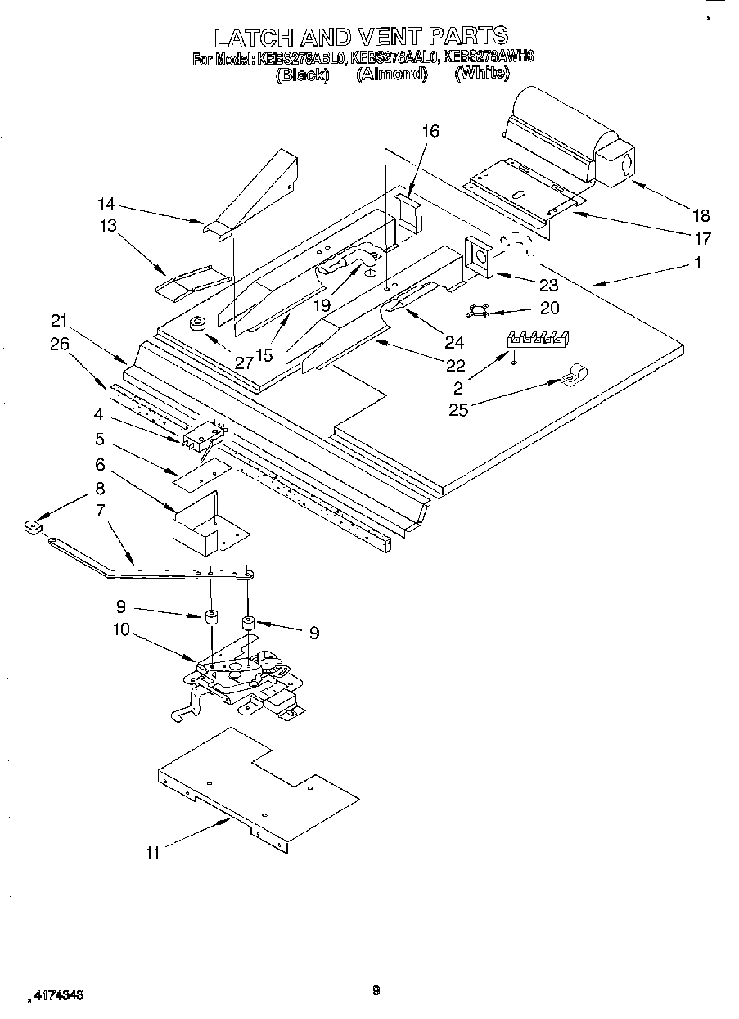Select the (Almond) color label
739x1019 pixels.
click(x=392, y=74)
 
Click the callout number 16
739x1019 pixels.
click(x=430, y=131)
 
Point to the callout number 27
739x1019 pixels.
click(x=244, y=363)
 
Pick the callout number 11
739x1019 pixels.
click(x=153, y=854)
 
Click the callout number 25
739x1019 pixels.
click(x=458, y=409)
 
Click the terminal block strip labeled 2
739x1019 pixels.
click(x=538, y=338)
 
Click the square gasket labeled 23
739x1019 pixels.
click(x=479, y=256)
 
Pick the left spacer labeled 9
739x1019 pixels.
click(x=210, y=618)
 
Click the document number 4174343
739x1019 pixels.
click(x=57, y=994)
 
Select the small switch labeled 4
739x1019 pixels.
click(x=200, y=438)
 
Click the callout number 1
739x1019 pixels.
click(x=698, y=264)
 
